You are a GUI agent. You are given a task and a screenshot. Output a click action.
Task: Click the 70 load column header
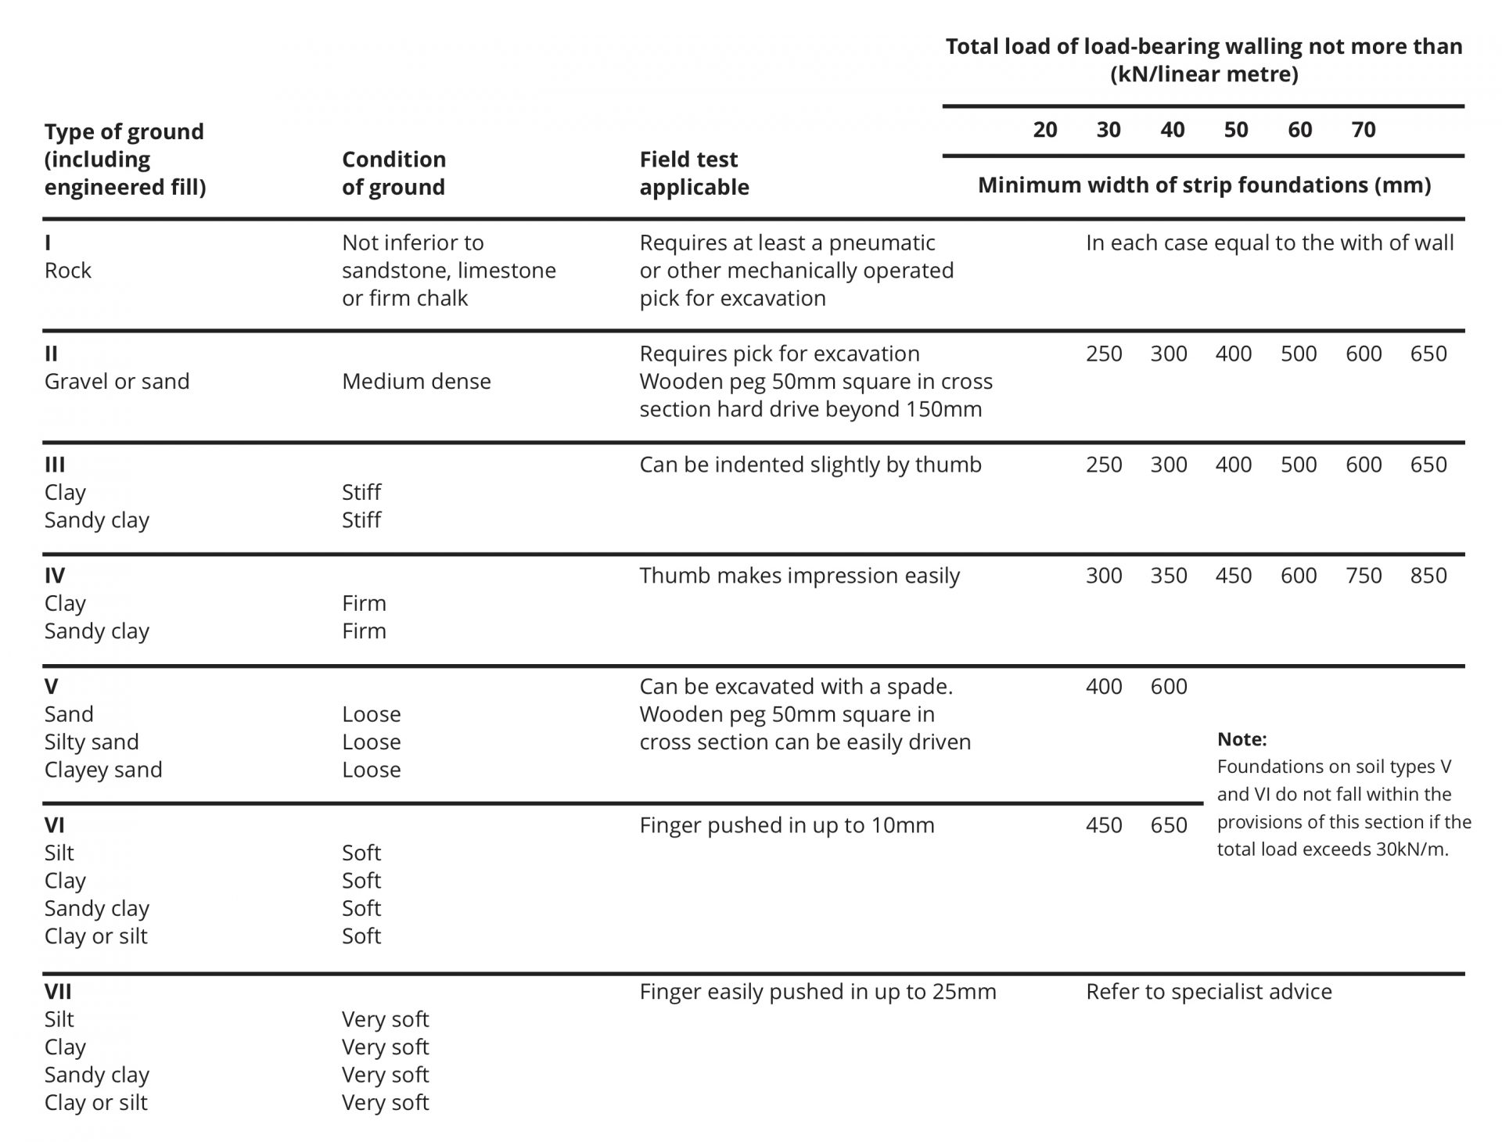[1363, 130]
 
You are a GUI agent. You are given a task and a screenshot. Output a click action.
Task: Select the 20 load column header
[1044, 130]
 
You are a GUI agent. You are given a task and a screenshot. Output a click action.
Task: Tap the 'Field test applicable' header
[694, 173]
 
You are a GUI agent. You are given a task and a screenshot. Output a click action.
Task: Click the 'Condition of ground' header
[393, 173]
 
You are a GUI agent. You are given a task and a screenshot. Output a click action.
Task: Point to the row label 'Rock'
[68, 271]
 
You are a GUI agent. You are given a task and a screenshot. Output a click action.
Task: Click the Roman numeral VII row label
[58, 992]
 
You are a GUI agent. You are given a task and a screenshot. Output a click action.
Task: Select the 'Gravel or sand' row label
[117, 382]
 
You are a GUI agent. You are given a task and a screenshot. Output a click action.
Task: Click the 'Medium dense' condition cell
[416, 382]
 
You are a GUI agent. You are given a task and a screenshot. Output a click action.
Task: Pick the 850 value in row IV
[1428, 576]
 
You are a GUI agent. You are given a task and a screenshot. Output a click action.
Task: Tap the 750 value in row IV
[1364, 576]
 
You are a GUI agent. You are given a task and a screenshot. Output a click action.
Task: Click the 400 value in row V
[1104, 687]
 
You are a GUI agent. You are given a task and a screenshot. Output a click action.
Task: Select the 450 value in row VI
[1104, 825]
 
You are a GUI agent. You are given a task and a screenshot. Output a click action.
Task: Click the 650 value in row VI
[1169, 825]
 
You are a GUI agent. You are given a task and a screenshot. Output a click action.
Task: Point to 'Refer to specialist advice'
[1209, 992]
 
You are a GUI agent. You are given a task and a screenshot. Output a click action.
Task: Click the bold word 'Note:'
[1241, 739]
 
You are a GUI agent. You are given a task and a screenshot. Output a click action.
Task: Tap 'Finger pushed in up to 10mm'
[786, 825]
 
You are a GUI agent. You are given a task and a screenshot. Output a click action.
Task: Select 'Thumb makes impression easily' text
[799, 576]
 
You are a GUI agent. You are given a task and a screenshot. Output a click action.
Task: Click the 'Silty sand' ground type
[92, 742]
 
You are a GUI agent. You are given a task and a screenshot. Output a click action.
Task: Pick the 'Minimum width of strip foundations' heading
[1204, 185]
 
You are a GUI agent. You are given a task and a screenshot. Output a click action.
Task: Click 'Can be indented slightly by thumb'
[810, 465]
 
